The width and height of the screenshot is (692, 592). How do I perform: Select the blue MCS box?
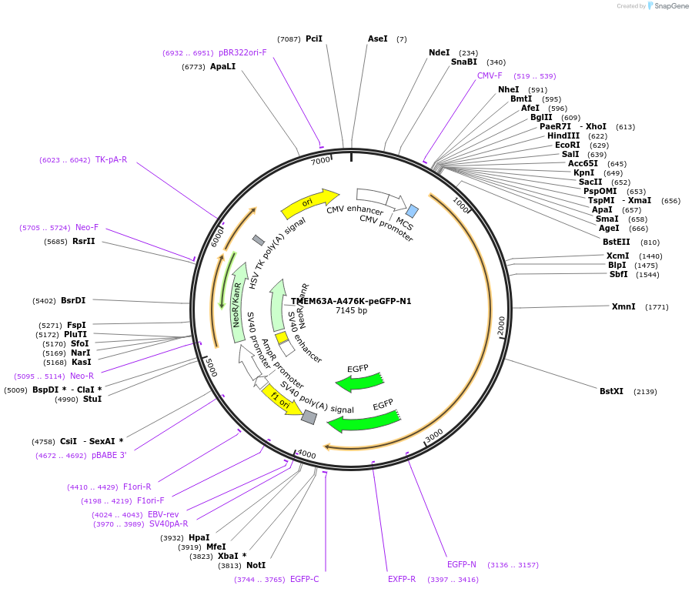point(413,211)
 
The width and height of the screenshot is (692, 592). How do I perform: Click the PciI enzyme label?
point(314,38)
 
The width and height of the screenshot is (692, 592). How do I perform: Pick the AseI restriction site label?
point(378,38)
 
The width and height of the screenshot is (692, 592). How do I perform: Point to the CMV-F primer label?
point(490,75)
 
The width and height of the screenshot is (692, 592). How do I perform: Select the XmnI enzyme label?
point(623,306)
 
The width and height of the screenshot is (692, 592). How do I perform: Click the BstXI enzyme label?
point(611,391)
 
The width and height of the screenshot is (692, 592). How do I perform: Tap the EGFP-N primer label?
point(462,564)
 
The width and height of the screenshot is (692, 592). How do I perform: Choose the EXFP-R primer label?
point(402,579)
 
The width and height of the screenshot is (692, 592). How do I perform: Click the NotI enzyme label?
point(256,565)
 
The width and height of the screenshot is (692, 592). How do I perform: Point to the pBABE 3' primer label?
point(109,455)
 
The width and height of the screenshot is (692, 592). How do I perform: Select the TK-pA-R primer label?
point(111,159)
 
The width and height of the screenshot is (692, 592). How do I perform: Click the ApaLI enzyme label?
point(223,66)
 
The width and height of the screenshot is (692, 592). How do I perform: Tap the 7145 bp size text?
point(351,311)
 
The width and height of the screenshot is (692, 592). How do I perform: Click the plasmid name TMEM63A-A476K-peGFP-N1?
point(351,301)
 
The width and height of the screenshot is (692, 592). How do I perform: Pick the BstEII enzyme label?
point(616,242)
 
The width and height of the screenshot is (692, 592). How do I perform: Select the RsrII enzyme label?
point(84,241)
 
